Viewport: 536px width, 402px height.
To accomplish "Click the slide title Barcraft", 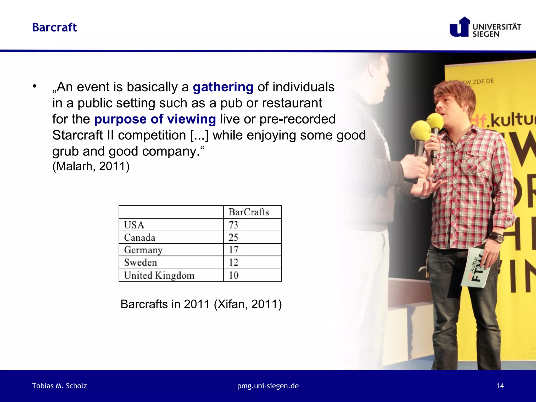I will pos(54,27).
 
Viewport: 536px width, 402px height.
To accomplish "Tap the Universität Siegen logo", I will pos(485,27).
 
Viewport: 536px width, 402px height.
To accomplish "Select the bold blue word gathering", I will pos(223,87).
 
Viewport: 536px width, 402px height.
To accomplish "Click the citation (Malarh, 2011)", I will pos(91,166).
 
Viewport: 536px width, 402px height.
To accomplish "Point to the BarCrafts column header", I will pos(249,212).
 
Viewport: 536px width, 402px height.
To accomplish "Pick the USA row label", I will pos(134,225).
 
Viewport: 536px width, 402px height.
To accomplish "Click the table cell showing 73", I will pos(233,225).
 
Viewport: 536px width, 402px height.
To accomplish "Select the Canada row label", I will pos(139,237).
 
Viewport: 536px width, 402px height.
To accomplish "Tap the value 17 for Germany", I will pos(233,250).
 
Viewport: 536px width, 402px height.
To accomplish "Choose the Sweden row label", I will pos(141,262).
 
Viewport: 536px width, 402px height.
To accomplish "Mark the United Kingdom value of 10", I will pos(233,275).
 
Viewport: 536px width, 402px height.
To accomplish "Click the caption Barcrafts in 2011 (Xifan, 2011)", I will pos(201,304).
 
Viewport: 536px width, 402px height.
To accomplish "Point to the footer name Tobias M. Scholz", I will pos(59,386).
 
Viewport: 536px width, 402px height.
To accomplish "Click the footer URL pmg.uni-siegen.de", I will pos(268,386).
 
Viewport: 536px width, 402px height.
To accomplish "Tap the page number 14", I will pos(500,386).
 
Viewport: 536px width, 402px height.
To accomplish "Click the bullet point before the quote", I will pos(35,86).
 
